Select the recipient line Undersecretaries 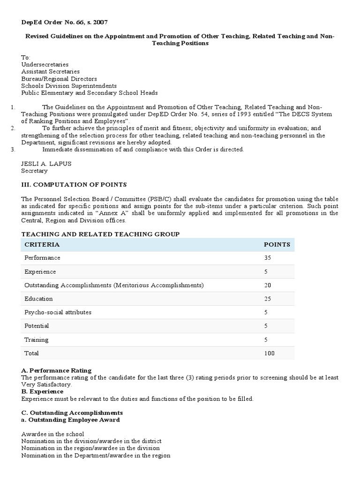coord(45,64)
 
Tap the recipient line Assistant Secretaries coord(50,72)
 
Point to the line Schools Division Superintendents coord(69,86)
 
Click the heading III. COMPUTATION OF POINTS coord(74,184)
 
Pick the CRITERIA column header coord(42,244)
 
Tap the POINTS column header coord(277,244)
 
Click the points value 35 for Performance coord(269,258)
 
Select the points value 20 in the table coord(269,285)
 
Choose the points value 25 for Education coord(269,299)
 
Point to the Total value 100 coord(270,353)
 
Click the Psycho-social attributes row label coord(58,312)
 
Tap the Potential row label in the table coord(37,326)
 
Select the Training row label coord(36,339)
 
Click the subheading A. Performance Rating coord(56,370)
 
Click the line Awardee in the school coord(52,434)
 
